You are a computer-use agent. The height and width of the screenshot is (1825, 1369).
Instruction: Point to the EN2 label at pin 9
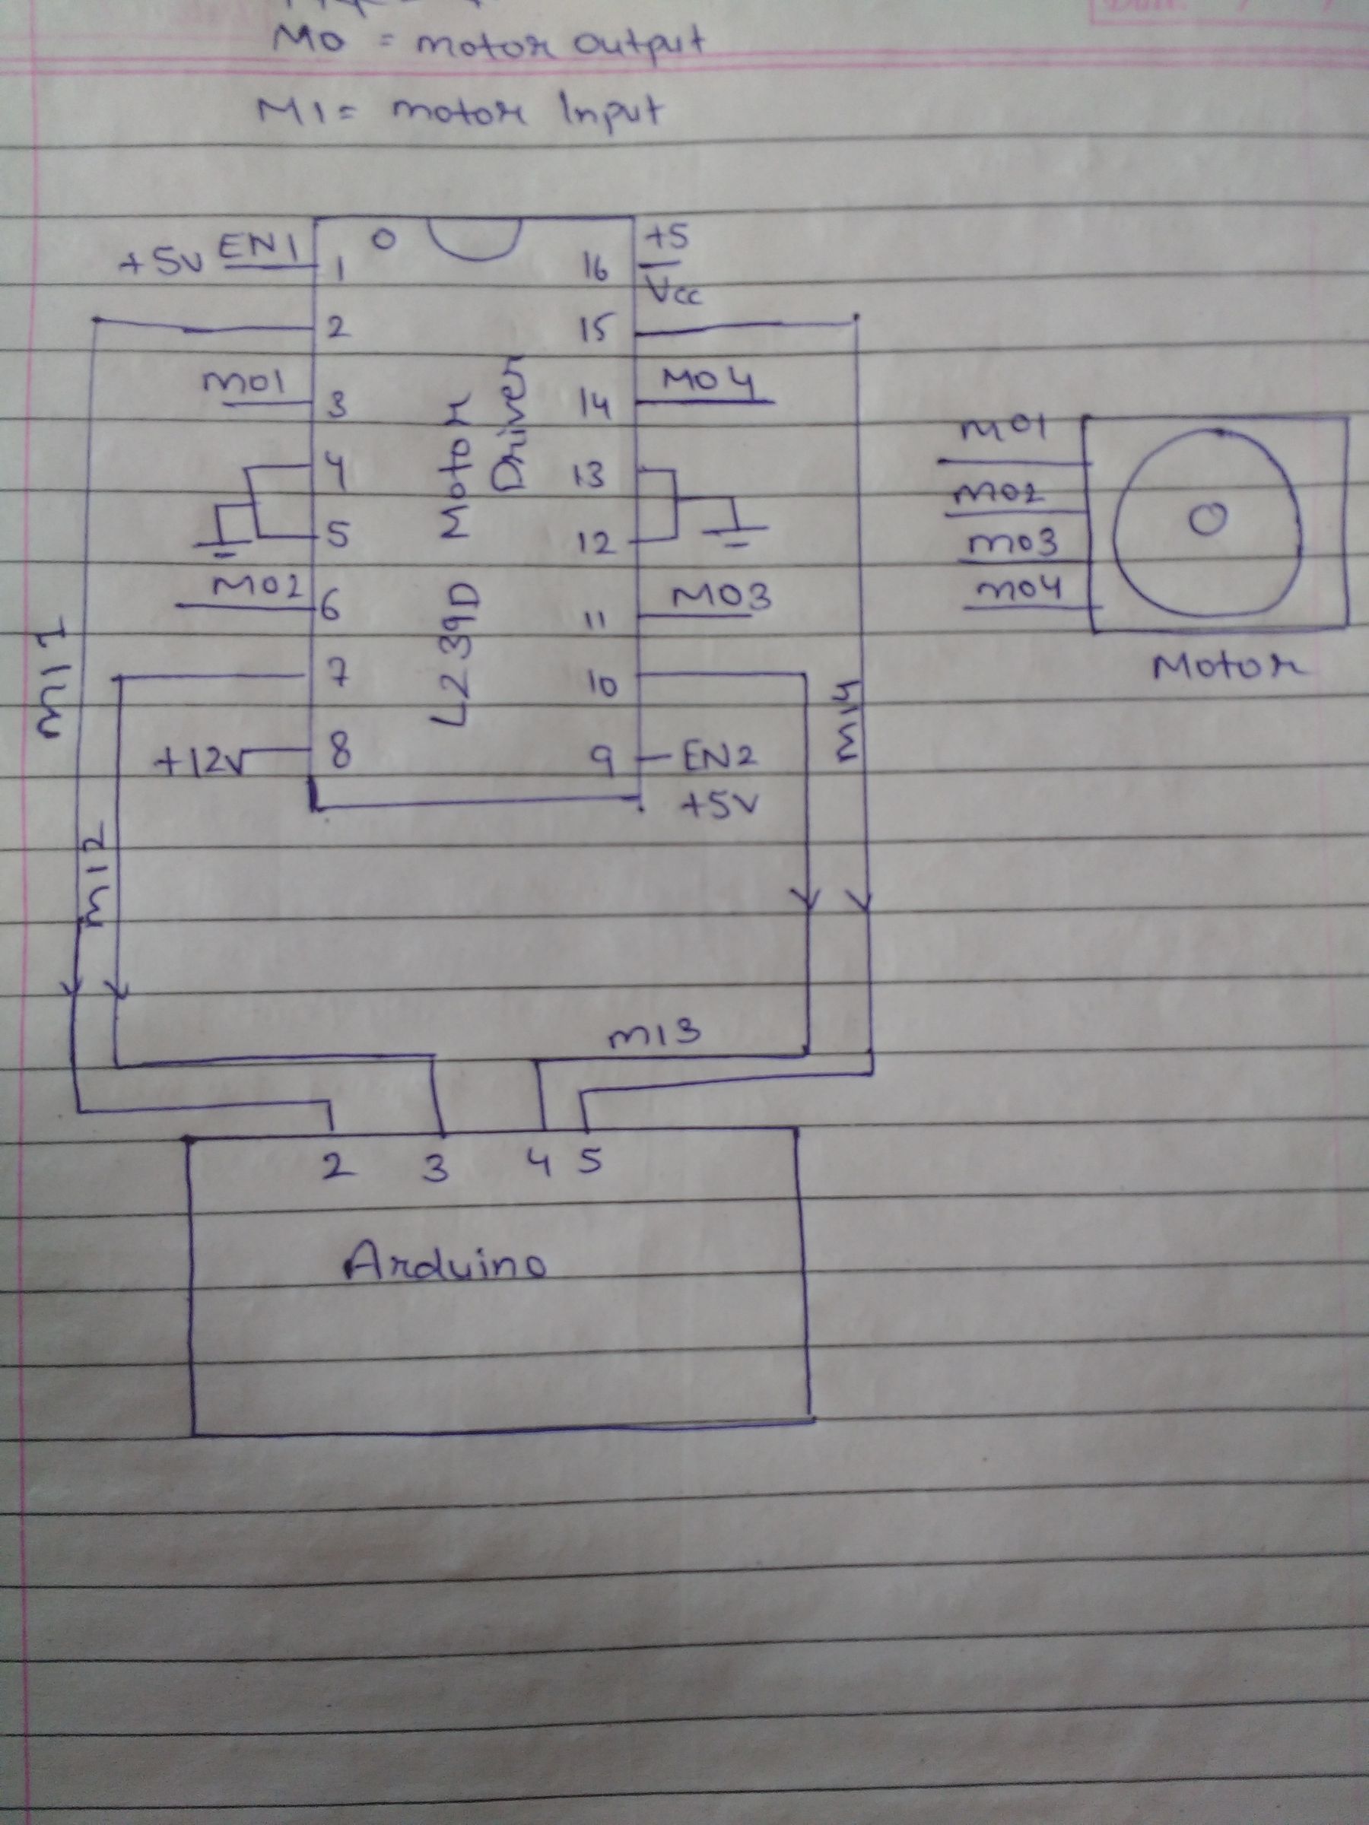tap(716, 756)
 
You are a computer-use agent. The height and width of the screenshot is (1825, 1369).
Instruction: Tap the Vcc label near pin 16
tap(673, 291)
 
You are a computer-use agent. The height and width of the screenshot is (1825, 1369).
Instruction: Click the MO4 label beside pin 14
tap(709, 381)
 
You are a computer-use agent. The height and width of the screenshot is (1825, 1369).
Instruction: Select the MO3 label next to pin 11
tap(722, 596)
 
